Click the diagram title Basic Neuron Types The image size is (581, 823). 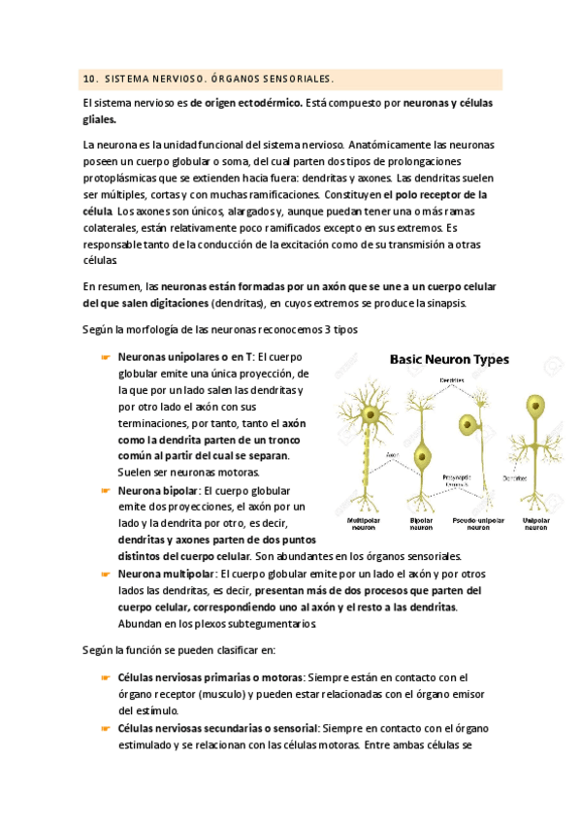[449, 359]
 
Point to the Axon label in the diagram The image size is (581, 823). [392, 453]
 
